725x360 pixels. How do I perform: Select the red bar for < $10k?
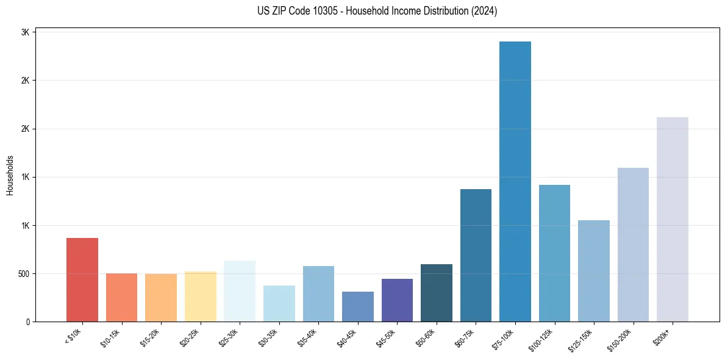pyautogui.click(x=82, y=280)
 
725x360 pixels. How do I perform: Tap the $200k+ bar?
pyautogui.click(x=672, y=220)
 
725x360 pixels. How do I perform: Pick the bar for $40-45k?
pyautogui.click(x=357, y=307)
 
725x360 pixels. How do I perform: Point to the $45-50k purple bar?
pyautogui.click(x=397, y=300)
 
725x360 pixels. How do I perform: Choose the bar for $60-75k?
pyautogui.click(x=476, y=256)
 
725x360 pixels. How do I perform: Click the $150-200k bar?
pyautogui.click(x=633, y=245)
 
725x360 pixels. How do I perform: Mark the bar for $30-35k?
pyautogui.click(x=279, y=304)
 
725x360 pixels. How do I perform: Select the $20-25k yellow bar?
pyautogui.click(x=200, y=297)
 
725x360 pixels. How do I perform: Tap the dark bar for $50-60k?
pyautogui.click(x=436, y=293)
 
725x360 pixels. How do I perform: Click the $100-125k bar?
pyautogui.click(x=554, y=253)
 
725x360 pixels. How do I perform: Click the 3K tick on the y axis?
pyautogui.click(x=26, y=32)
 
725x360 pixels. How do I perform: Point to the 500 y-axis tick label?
pyautogui.click(x=23, y=274)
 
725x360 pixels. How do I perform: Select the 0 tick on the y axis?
pyautogui.click(x=28, y=322)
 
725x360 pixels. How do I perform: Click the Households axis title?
pyautogui.click(x=10, y=175)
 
